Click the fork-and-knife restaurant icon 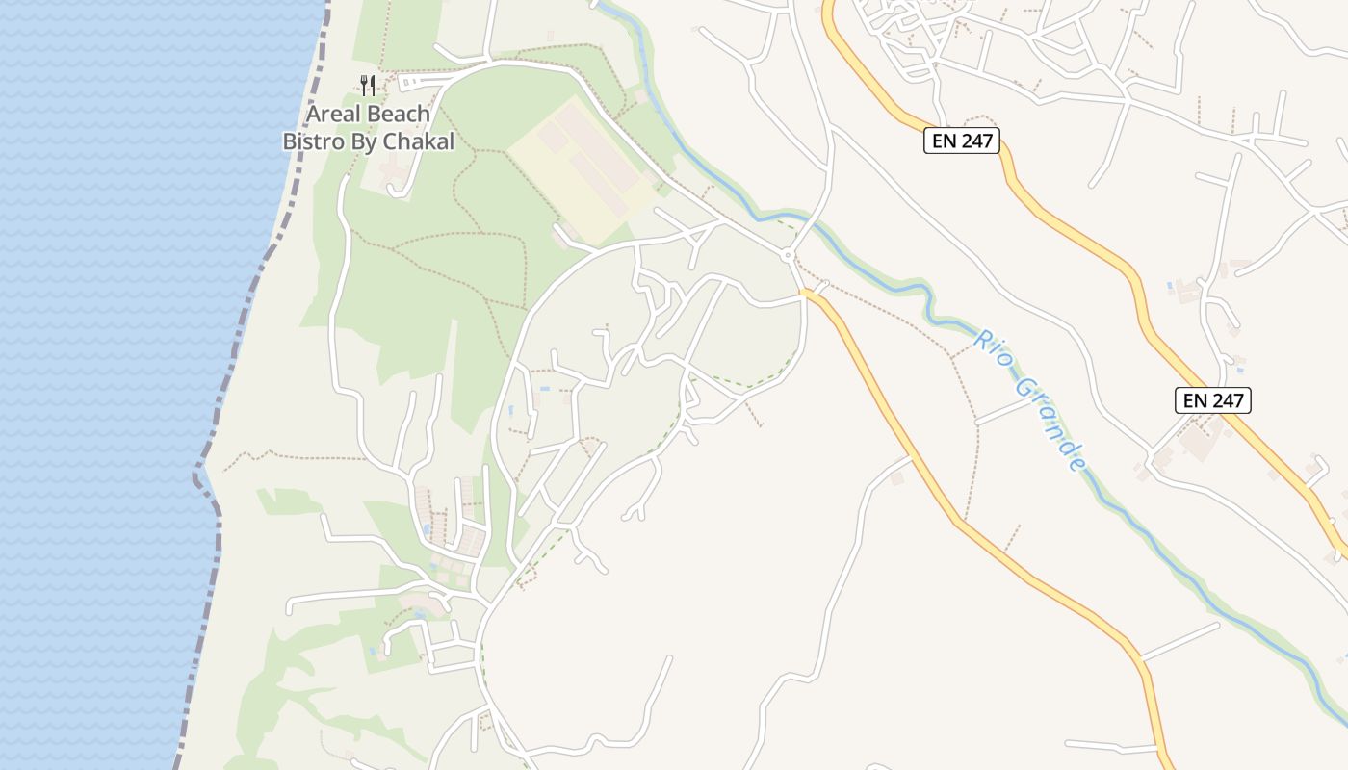click(x=367, y=85)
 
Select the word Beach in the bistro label click(x=398, y=115)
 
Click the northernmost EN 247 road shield click(x=962, y=141)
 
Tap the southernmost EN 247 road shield click(x=1212, y=400)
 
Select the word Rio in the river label click(x=991, y=351)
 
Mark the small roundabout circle click(x=788, y=255)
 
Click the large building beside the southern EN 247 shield click(x=1199, y=440)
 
